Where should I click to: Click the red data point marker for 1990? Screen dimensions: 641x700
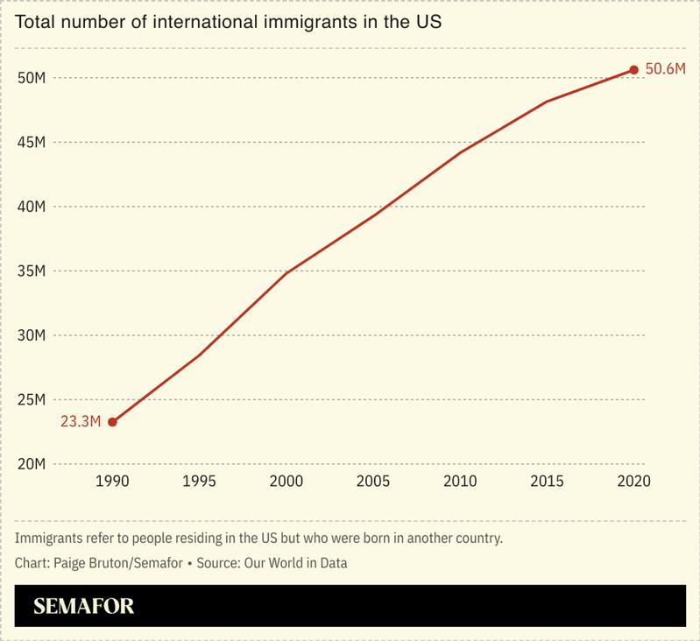[112, 422]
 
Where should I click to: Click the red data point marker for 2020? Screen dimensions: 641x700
[633, 70]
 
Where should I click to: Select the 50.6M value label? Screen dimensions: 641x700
[664, 70]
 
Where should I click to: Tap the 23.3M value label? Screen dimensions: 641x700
[80, 422]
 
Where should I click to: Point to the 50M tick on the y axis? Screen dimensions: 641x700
[32, 78]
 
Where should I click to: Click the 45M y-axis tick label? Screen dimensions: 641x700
[32, 143]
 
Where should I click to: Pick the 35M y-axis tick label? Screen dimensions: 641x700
[32, 271]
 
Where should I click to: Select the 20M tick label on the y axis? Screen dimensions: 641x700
[32, 464]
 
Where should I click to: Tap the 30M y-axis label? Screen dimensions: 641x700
[32, 335]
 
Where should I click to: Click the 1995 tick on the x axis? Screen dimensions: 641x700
[199, 483]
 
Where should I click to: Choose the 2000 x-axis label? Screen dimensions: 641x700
[286, 483]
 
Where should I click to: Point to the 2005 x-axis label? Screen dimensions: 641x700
[372, 483]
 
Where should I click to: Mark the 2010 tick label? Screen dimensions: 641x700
[460, 483]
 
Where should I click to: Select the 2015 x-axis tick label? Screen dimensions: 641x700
[547, 483]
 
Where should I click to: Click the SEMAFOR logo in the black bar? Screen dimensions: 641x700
[83, 607]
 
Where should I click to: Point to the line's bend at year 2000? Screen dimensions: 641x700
[286, 273]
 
